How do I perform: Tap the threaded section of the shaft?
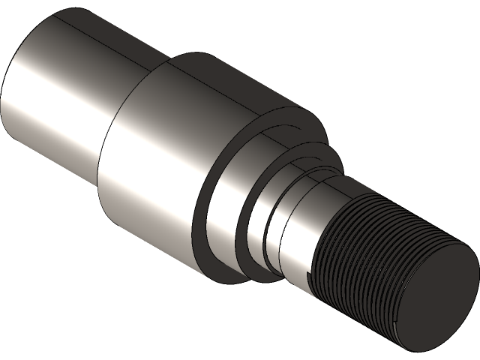[360, 255]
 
